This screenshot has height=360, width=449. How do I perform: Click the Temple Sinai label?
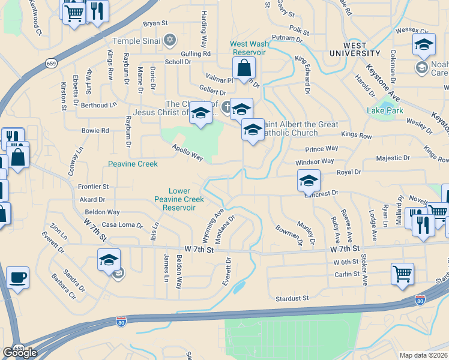tap(137, 41)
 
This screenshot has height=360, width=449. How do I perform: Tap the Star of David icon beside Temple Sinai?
tap(169, 40)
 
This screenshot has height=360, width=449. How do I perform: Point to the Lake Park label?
tap(385, 110)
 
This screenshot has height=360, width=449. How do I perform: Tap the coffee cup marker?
tap(17, 278)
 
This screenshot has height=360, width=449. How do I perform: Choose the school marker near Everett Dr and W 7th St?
tap(109, 260)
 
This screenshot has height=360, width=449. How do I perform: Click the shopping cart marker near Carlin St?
tap(402, 274)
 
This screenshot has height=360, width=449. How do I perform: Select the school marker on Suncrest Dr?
tap(309, 180)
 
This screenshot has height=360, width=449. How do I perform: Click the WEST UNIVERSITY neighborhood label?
tap(363, 50)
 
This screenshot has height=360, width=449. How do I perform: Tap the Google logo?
tap(20, 352)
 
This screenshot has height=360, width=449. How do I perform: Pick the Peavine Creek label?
tap(133, 164)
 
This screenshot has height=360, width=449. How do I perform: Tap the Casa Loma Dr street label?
tap(122, 225)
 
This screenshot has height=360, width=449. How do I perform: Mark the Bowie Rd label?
tap(95, 130)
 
